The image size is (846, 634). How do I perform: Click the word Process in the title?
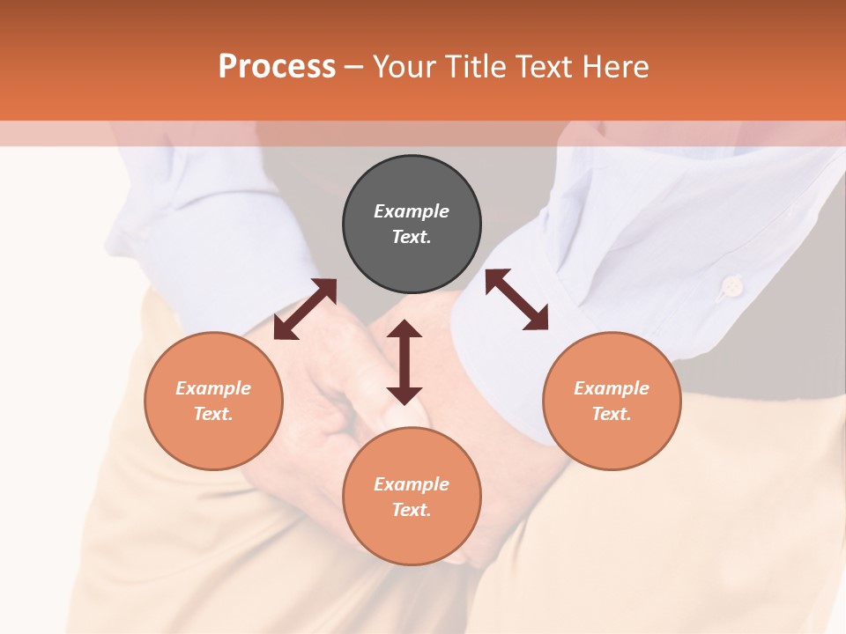277,67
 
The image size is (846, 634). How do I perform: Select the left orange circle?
213,401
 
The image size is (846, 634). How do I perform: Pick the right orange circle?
612,401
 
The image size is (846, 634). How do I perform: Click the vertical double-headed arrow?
404,362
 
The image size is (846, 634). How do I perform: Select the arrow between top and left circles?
305,309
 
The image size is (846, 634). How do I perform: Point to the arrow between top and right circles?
517,299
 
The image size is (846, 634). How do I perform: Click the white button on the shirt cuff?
731,285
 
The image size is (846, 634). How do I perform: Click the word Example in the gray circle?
412,211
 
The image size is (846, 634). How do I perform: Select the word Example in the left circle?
213,388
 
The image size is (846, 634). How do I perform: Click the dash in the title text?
353,67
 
